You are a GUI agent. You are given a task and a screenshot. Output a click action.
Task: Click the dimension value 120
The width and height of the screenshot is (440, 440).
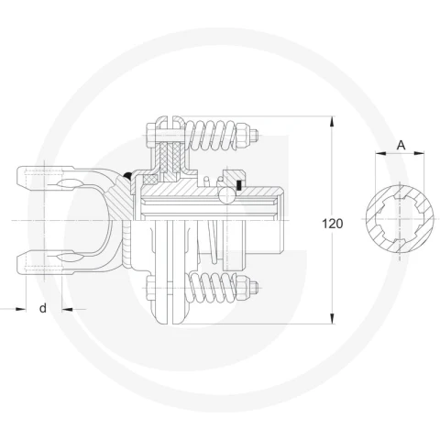tap(333, 224)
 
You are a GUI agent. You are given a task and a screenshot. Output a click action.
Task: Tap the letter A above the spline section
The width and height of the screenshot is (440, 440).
tap(401, 145)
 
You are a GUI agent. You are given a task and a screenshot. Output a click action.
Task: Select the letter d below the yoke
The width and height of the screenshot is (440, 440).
tap(43, 308)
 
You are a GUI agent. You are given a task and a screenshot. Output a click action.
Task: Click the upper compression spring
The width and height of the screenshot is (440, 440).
tap(211, 136)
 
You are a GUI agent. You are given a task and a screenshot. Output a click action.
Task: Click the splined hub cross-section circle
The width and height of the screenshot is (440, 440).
tap(400, 219)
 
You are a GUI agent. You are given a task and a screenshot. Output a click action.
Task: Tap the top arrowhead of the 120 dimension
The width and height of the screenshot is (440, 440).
tap(332, 121)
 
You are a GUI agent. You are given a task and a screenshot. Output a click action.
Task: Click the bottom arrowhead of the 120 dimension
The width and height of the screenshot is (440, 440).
tap(332, 318)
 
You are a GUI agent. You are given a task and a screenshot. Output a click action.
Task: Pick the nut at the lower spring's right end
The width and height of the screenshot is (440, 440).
tap(241, 287)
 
